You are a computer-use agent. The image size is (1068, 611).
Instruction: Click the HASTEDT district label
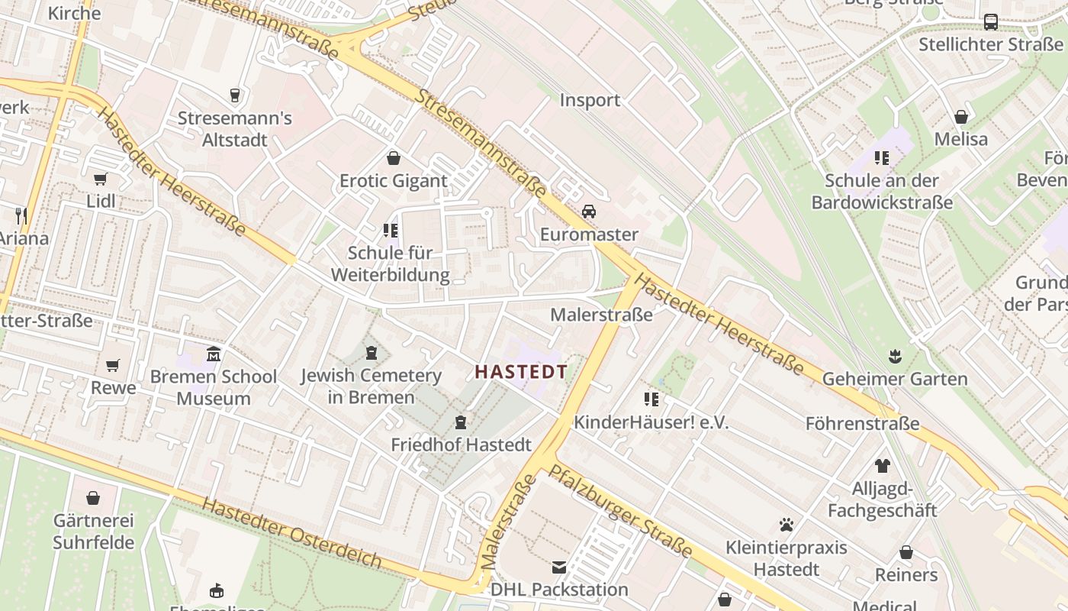click(521, 372)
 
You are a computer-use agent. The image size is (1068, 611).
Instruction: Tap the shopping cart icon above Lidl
click(100, 179)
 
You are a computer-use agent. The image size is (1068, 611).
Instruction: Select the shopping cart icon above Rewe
click(113, 366)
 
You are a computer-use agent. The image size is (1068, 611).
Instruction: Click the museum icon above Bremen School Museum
click(214, 354)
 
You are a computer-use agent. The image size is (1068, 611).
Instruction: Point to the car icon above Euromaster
click(589, 212)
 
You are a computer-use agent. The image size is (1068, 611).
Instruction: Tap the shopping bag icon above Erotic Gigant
click(394, 158)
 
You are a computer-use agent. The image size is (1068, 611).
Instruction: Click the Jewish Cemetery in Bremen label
click(371, 386)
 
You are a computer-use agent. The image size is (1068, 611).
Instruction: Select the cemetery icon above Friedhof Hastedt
click(461, 422)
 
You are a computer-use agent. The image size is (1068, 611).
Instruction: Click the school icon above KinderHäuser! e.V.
click(651, 399)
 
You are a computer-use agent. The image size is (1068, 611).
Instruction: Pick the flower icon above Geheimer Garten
click(895, 356)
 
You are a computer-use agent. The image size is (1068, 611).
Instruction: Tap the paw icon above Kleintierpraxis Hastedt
click(787, 525)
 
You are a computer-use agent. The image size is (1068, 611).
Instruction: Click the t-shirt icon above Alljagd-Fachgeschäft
click(883, 466)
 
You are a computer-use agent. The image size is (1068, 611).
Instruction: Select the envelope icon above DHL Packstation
click(559, 567)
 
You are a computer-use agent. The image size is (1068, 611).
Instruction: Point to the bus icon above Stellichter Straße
click(991, 22)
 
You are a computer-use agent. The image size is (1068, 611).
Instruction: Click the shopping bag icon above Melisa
click(961, 117)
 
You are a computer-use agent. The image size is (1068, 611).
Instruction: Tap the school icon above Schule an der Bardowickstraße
click(882, 158)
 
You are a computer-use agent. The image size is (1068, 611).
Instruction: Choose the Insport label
click(590, 100)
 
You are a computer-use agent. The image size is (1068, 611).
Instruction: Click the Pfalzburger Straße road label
click(619, 511)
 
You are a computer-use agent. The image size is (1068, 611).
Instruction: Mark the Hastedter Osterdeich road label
click(292, 534)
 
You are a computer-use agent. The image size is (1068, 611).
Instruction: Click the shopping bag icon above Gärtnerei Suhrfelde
click(93, 498)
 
